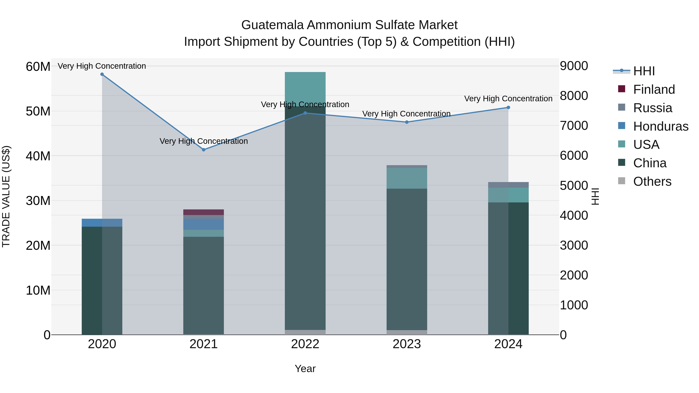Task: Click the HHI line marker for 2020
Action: [102, 74]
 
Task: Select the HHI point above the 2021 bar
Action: [203, 150]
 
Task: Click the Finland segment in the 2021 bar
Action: [203, 212]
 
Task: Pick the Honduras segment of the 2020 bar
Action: [102, 223]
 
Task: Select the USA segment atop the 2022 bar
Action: [305, 87]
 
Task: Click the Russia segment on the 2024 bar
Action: [508, 185]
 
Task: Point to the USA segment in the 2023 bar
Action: [406, 178]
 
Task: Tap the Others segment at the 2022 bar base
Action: [305, 332]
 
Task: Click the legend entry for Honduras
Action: [661, 126]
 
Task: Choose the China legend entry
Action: [650, 163]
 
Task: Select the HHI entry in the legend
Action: [644, 71]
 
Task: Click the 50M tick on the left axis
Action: [38, 111]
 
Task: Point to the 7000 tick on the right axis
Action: [574, 126]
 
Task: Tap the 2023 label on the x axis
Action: [406, 344]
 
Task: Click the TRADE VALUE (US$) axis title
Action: [6, 196]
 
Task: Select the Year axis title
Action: [305, 369]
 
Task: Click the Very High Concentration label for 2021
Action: [203, 141]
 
